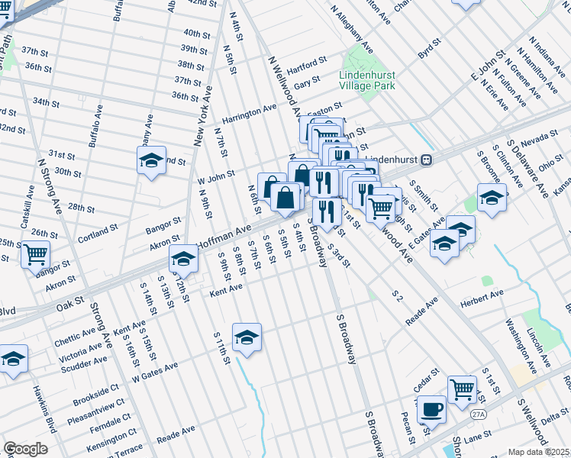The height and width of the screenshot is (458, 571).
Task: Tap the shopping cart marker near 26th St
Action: coord(34,253)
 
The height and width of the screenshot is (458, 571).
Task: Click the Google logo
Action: coord(25,449)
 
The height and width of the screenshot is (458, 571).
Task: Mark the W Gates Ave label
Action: coord(154,371)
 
